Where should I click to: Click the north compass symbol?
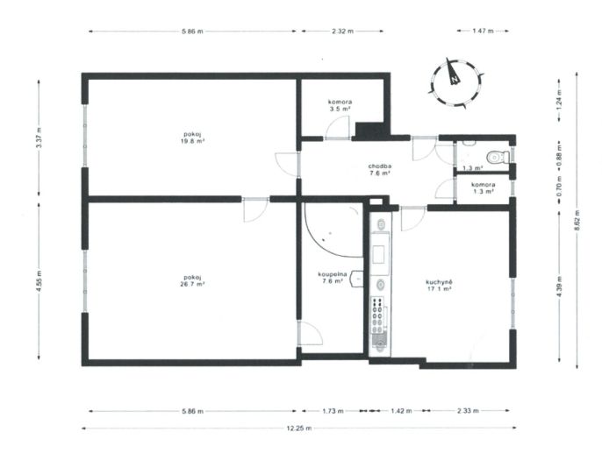(455, 82)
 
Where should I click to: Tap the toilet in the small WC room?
(498, 157)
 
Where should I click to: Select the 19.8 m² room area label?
(192, 141)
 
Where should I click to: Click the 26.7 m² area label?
(192, 284)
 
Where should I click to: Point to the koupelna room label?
(333, 274)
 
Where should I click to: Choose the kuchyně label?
(439, 282)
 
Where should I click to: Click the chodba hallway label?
(380, 166)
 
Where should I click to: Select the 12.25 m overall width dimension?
(299, 428)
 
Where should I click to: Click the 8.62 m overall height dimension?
(577, 221)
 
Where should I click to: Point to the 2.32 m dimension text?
(342, 32)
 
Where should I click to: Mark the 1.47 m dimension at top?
(483, 31)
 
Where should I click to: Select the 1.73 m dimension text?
(333, 411)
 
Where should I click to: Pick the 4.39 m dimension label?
(559, 287)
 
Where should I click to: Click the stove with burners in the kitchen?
(378, 315)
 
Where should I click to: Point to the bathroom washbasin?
(357, 279)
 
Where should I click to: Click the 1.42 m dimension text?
(401, 411)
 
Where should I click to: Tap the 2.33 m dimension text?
(468, 411)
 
